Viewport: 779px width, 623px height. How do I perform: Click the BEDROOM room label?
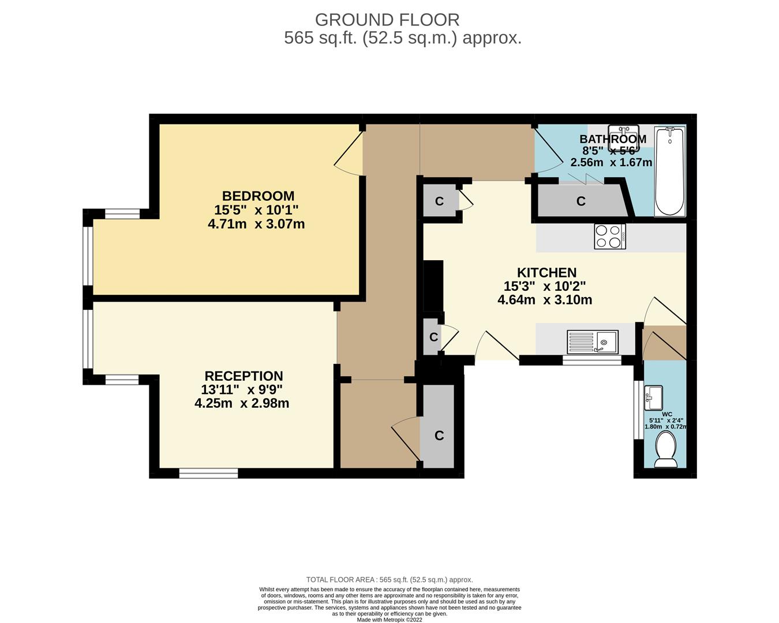tap(258, 196)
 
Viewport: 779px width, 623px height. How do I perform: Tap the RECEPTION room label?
tap(244, 376)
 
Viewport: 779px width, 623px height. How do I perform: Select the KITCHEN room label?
tap(546, 273)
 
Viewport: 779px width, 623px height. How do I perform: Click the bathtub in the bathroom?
tap(669, 171)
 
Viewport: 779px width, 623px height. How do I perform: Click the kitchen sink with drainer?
tap(593, 341)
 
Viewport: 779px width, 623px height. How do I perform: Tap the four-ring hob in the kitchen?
tap(609, 237)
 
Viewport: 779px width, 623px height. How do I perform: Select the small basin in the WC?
tap(653, 397)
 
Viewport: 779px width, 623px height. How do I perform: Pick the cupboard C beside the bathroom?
tap(580, 201)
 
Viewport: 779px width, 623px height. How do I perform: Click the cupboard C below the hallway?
tap(439, 436)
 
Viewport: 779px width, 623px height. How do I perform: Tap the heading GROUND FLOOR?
tap(387, 20)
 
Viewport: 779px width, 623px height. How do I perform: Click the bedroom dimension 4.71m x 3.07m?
tap(256, 224)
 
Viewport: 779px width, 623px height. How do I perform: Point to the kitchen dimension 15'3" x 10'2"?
tap(545, 286)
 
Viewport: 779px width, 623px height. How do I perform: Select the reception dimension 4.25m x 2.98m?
tap(242, 403)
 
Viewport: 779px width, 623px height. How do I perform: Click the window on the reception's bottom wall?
tap(208, 474)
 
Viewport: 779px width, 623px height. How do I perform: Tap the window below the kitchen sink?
tap(591, 360)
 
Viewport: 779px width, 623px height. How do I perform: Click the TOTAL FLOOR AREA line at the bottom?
tap(389, 580)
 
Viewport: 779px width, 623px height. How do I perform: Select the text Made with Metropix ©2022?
tap(389, 620)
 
